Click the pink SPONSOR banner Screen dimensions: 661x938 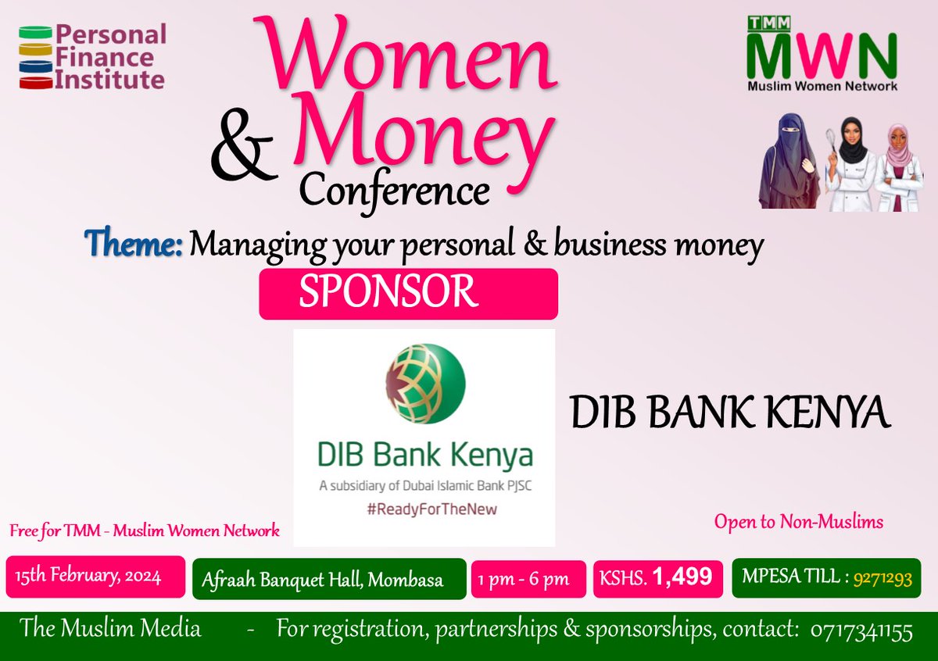click(x=408, y=294)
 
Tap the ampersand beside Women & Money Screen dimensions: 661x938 click(x=242, y=155)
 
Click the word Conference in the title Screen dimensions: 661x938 click(x=395, y=189)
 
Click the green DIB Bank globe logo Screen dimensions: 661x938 click(x=425, y=384)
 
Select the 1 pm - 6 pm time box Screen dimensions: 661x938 click(x=528, y=579)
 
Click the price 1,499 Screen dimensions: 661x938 click(x=682, y=577)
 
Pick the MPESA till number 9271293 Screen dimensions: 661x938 click(x=882, y=579)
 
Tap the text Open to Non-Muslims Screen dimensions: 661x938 click(x=799, y=522)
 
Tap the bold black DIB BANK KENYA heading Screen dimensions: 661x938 click(x=730, y=413)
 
